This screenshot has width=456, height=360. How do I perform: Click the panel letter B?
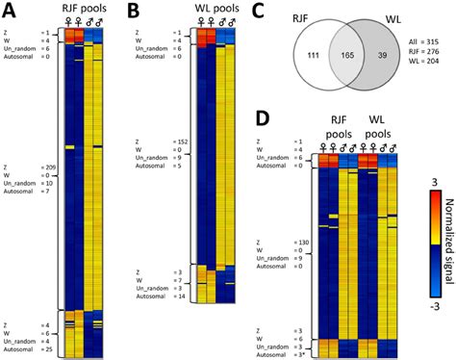coord(136,11)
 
